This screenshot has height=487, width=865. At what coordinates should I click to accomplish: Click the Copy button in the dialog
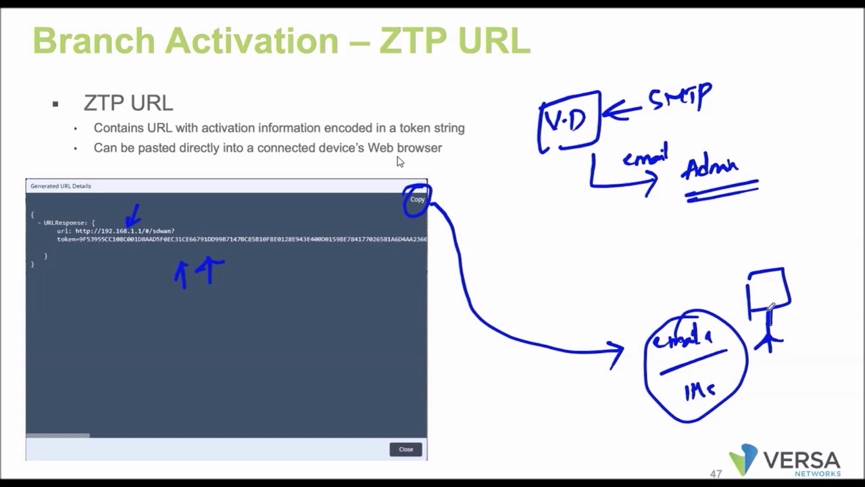click(417, 200)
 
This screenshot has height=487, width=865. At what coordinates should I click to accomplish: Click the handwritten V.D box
click(568, 121)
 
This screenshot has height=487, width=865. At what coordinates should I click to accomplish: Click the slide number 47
click(716, 474)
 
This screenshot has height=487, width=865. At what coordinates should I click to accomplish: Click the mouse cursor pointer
click(400, 162)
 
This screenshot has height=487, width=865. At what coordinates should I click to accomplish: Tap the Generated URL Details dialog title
click(61, 186)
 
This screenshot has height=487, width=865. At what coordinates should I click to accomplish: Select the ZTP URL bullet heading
click(128, 103)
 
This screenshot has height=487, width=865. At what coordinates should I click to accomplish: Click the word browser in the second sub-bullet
click(419, 147)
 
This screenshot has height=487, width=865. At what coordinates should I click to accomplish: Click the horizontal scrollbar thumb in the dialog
click(58, 435)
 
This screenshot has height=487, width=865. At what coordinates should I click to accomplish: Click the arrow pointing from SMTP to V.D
click(622, 110)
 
